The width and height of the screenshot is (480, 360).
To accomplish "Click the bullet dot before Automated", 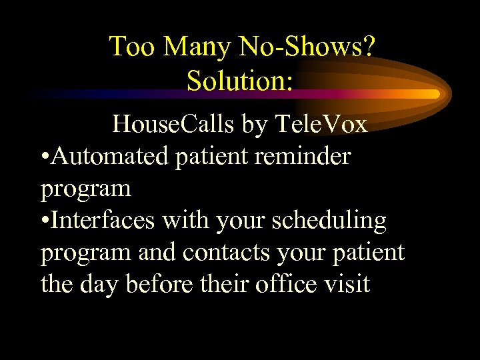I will click(x=44, y=157).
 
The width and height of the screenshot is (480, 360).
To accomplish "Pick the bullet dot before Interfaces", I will click(x=44, y=221).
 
